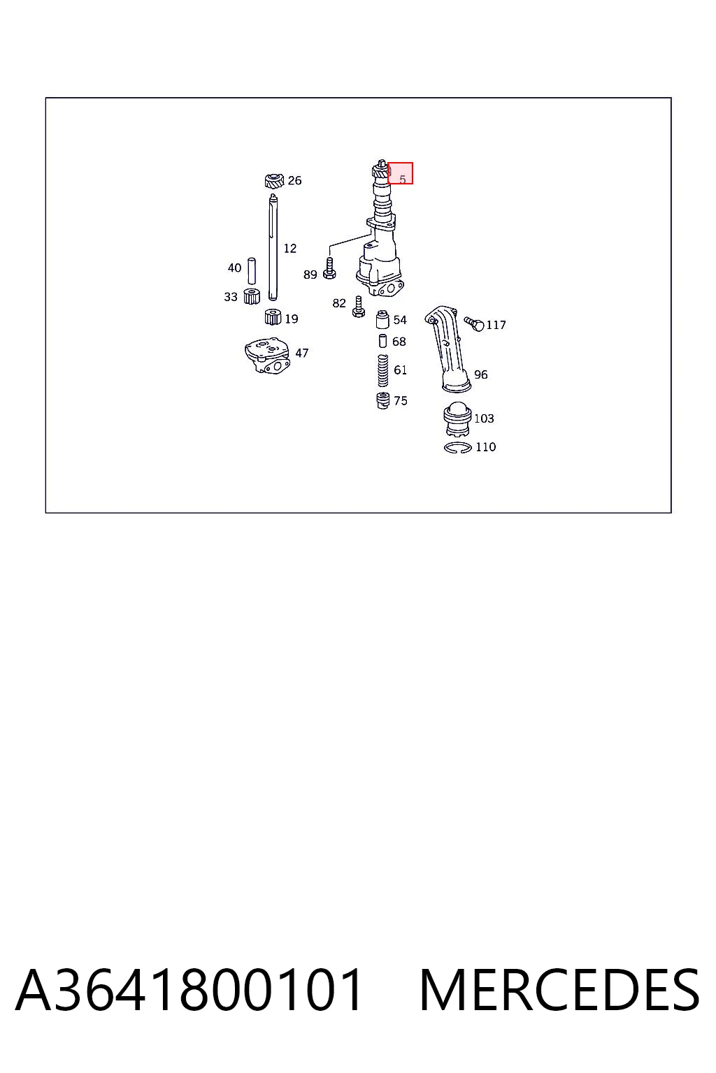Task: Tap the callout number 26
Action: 294,181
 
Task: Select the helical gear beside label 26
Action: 274,182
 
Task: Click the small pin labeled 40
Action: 251,271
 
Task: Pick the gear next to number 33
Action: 251,296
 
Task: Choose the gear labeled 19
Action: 273,317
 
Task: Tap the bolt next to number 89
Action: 329,268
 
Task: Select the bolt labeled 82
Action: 358,307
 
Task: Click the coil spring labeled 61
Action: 382,371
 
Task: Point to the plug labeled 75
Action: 382,400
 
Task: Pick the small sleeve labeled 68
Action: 382,341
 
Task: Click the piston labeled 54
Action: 382,319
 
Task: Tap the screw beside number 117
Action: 474,324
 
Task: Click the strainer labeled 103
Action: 457,418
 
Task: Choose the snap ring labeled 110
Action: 458,448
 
